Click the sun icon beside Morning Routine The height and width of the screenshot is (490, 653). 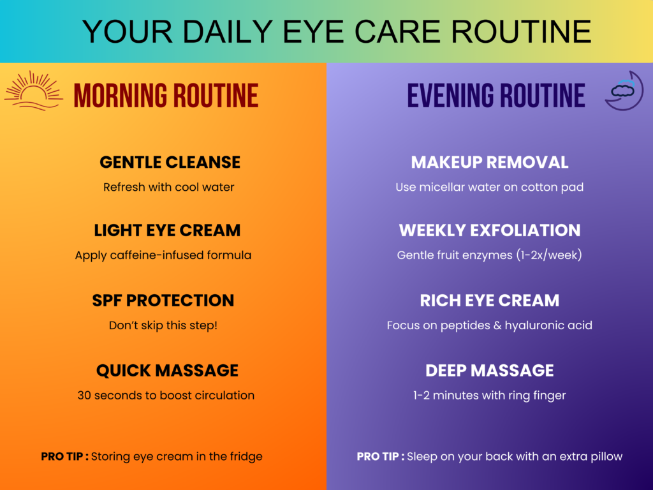pos(33,90)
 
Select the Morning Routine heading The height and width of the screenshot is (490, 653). pos(166,96)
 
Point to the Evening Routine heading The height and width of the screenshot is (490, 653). pos(496,96)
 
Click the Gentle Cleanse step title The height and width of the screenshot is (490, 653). pos(170,162)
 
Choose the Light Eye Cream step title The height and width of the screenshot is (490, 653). pos(167,230)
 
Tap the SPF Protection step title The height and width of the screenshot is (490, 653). pos(163,301)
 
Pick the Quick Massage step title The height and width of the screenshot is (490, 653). pos(167,371)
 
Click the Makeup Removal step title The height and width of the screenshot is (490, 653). pos(490,162)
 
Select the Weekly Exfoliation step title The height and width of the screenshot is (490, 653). pos(490,230)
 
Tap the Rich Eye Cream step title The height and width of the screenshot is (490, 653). pos(490,301)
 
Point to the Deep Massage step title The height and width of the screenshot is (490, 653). pos(490,371)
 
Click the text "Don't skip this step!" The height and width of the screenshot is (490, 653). pos(163,325)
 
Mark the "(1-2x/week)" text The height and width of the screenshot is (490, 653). pos(549,255)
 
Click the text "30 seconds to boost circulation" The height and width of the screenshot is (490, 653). pos(166,395)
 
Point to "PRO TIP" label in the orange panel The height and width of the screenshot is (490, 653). pos(62,457)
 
